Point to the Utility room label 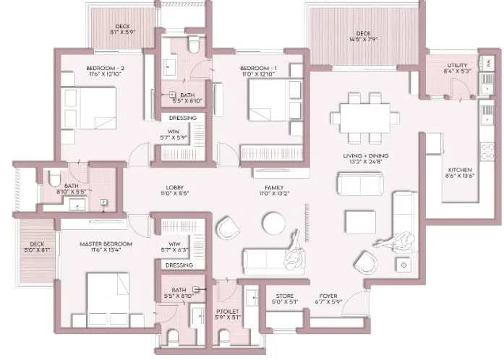[456, 66]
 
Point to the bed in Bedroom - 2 [88, 106]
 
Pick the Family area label [273, 187]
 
